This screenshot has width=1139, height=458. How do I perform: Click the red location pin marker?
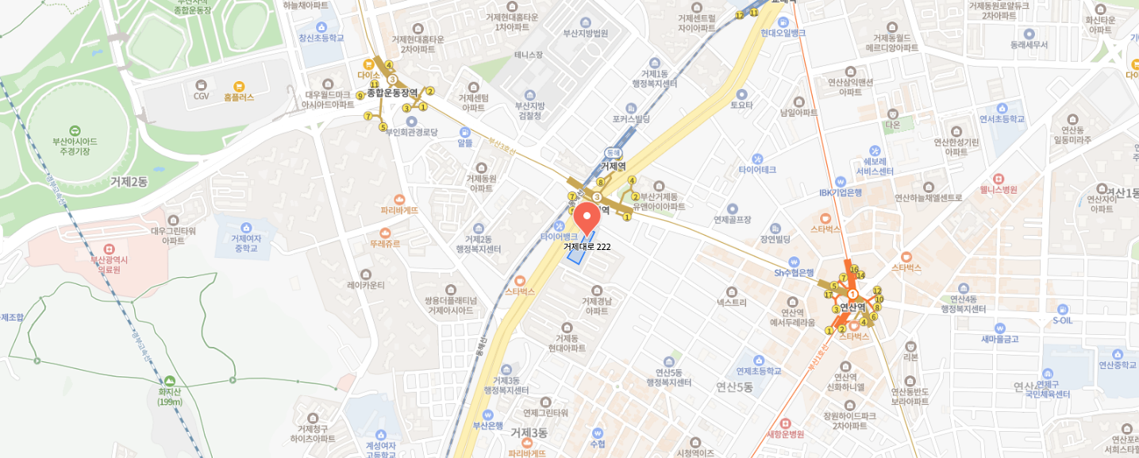[587, 217]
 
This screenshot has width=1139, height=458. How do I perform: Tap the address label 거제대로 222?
[587, 247]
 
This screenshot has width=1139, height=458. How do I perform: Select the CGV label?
[201, 96]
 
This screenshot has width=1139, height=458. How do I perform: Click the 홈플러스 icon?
[239, 86]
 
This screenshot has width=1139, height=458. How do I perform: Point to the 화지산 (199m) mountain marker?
[170, 382]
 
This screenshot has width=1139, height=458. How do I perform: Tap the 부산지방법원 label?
[585, 33]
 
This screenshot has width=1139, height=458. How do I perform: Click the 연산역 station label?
[852, 306]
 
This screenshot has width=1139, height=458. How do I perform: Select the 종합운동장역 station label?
[391, 93]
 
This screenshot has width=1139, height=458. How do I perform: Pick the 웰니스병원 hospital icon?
[999, 179]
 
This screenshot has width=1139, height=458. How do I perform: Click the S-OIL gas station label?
[1062, 320]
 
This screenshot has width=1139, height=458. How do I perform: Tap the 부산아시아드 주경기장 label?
[74, 146]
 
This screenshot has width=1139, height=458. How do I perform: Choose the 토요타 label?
[741, 105]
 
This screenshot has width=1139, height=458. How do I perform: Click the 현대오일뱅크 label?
[783, 33]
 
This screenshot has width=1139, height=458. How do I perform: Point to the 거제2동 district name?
[129, 182]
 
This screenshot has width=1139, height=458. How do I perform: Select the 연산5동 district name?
[734, 387]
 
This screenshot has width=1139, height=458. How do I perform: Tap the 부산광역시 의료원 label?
[109, 264]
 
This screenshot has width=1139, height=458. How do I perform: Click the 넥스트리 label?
[732, 302]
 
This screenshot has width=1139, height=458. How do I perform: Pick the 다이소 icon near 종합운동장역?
[368, 65]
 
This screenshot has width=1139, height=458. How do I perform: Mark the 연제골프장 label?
[732, 219]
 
